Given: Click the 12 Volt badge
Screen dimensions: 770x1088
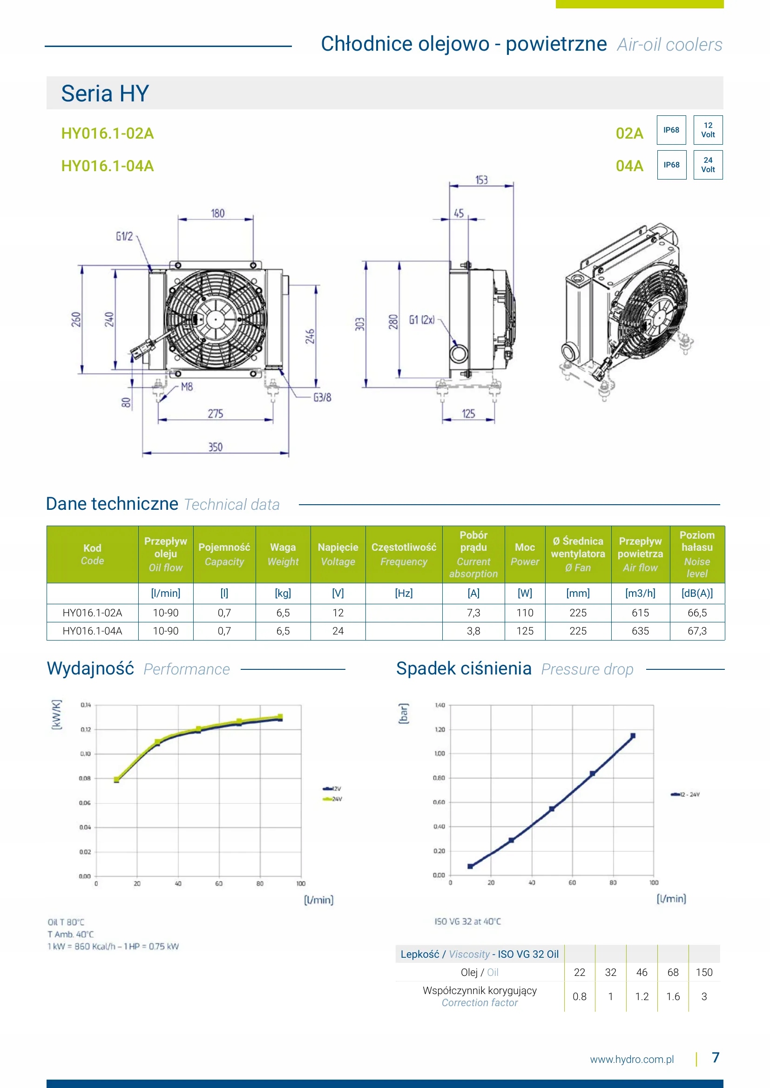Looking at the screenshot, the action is pyautogui.click(x=708, y=130).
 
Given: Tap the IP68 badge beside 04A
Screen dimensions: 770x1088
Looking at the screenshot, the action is pyautogui.click(x=671, y=165).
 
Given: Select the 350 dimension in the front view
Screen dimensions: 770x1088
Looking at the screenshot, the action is pyautogui.click(x=215, y=447).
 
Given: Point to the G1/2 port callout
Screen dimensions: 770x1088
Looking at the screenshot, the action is pyautogui.click(x=124, y=236).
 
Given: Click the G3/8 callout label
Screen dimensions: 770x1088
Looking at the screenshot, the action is pyautogui.click(x=323, y=398).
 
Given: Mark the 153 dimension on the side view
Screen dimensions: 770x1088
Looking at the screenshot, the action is pyautogui.click(x=481, y=180).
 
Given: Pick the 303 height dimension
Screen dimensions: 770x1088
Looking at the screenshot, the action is pyautogui.click(x=360, y=324).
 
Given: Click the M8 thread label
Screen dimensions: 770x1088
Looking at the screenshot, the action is pyautogui.click(x=187, y=387).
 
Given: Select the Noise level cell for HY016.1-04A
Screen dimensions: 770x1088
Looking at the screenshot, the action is pyautogui.click(x=696, y=631).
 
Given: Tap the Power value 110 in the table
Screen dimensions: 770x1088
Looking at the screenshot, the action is pyautogui.click(x=524, y=613).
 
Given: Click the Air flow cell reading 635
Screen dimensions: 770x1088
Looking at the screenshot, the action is pyautogui.click(x=640, y=631).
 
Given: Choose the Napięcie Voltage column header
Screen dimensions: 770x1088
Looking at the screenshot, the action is pyautogui.click(x=338, y=554).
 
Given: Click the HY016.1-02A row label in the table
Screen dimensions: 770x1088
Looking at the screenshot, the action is pyautogui.click(x=93, y=613).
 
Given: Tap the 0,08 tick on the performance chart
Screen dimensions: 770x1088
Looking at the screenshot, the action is pyautogui.click(x=85, y=778).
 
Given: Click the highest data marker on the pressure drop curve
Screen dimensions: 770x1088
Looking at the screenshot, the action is pyautogui.click(x=633, y=736).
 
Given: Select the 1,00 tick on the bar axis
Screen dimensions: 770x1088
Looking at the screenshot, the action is pyautogui.click(x=439, y=754).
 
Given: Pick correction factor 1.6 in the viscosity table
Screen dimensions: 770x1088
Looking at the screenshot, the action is pyautogui.click(x=673, y=996).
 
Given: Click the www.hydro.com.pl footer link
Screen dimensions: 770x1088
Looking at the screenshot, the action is pyautogui.click(x=632, y=1060).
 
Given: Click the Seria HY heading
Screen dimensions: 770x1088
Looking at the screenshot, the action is pyautogui.click(x=105, y=93).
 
